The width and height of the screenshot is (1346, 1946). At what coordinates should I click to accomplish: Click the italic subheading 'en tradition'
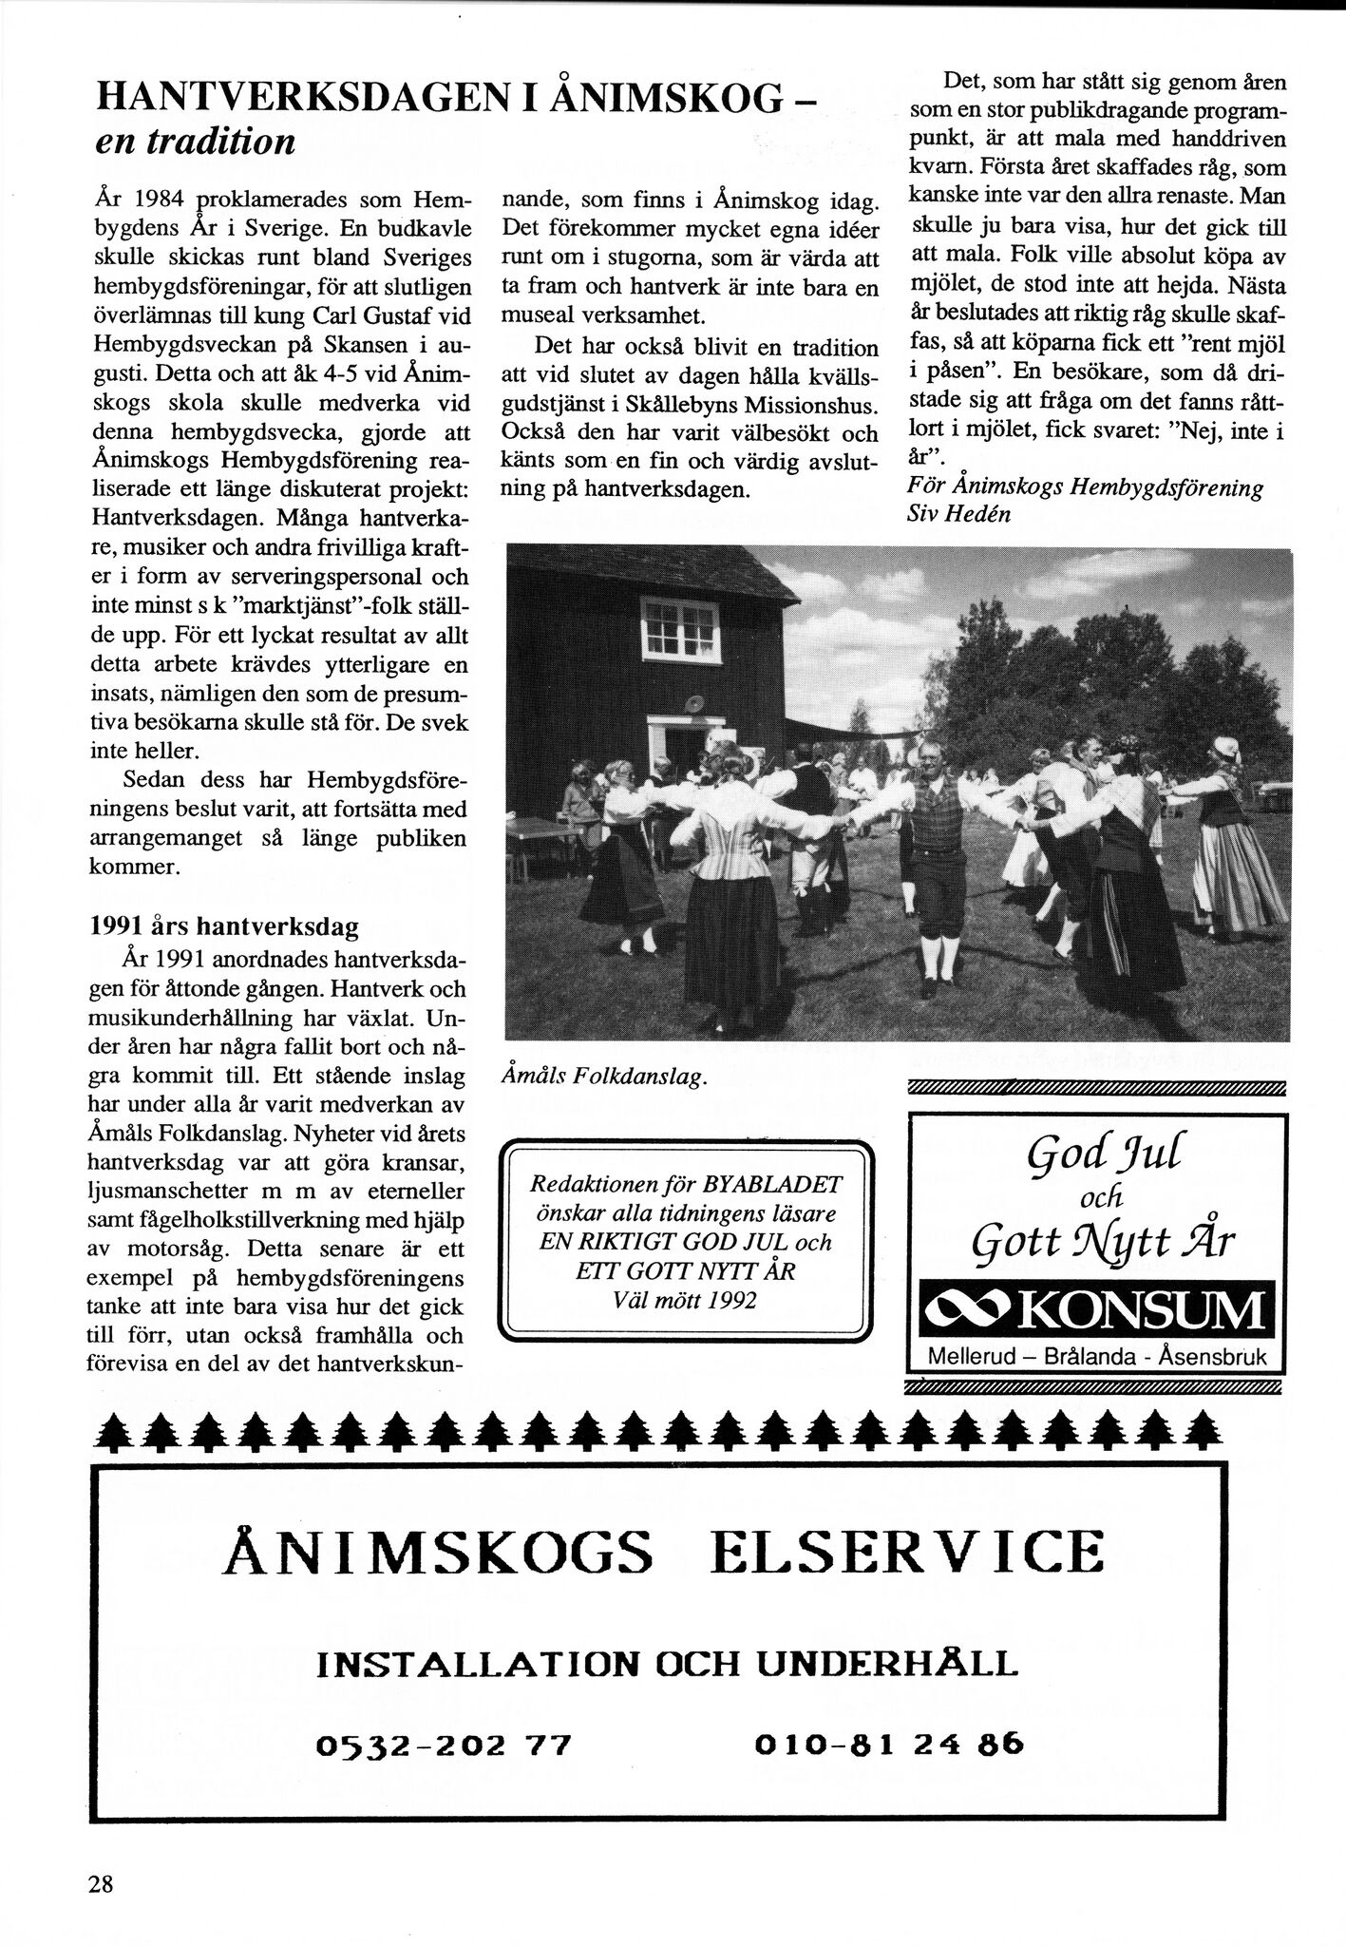[196, 142]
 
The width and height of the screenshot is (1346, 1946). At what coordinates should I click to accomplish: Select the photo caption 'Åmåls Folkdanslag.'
[604, 1077]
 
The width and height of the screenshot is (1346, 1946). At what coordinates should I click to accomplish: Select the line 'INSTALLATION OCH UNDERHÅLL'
[667, 1663]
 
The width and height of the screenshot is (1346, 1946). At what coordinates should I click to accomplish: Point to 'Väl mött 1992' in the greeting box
[685, 1300]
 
